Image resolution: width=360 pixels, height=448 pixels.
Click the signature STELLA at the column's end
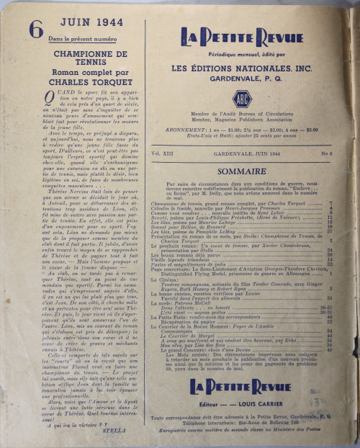pyautogui.click(x=127, y=433)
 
